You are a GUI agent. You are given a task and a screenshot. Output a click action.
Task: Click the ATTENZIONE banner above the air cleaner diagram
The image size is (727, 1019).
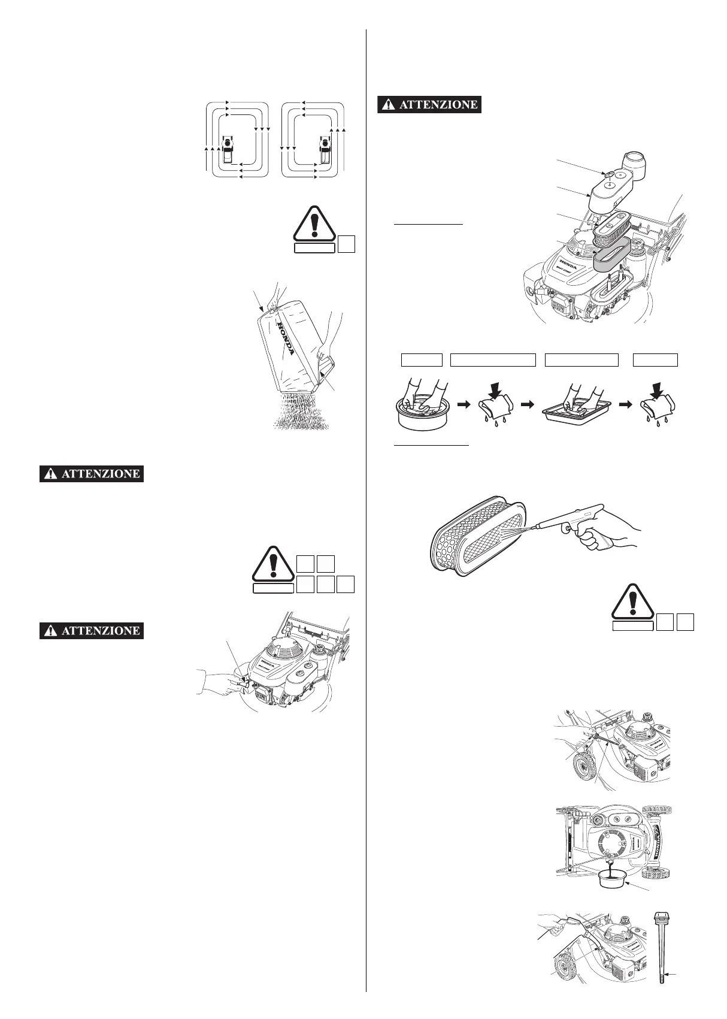429,104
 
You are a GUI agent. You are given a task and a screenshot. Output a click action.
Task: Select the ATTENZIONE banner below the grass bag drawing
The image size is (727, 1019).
92,474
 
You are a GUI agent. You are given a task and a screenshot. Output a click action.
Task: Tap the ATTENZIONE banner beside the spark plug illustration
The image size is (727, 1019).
92,630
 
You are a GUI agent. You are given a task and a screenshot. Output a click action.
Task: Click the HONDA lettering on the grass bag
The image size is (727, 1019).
286,337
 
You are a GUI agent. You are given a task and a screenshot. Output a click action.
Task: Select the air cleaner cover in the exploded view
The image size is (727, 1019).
617,189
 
